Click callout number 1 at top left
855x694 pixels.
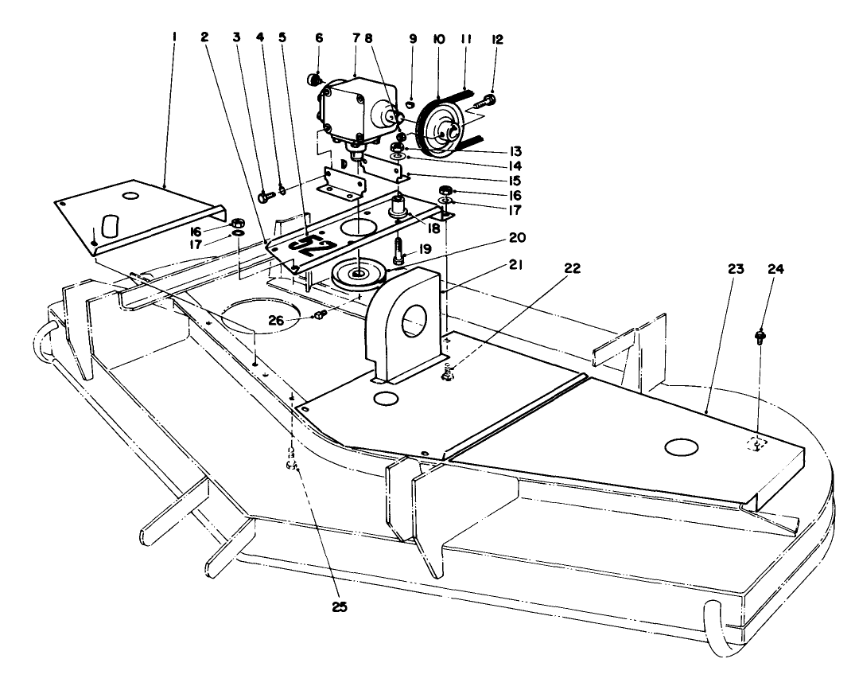(174, 37)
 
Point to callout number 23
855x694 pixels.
(735, 270)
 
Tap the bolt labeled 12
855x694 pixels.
(486, 101)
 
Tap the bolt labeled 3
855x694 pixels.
(264, 194)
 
